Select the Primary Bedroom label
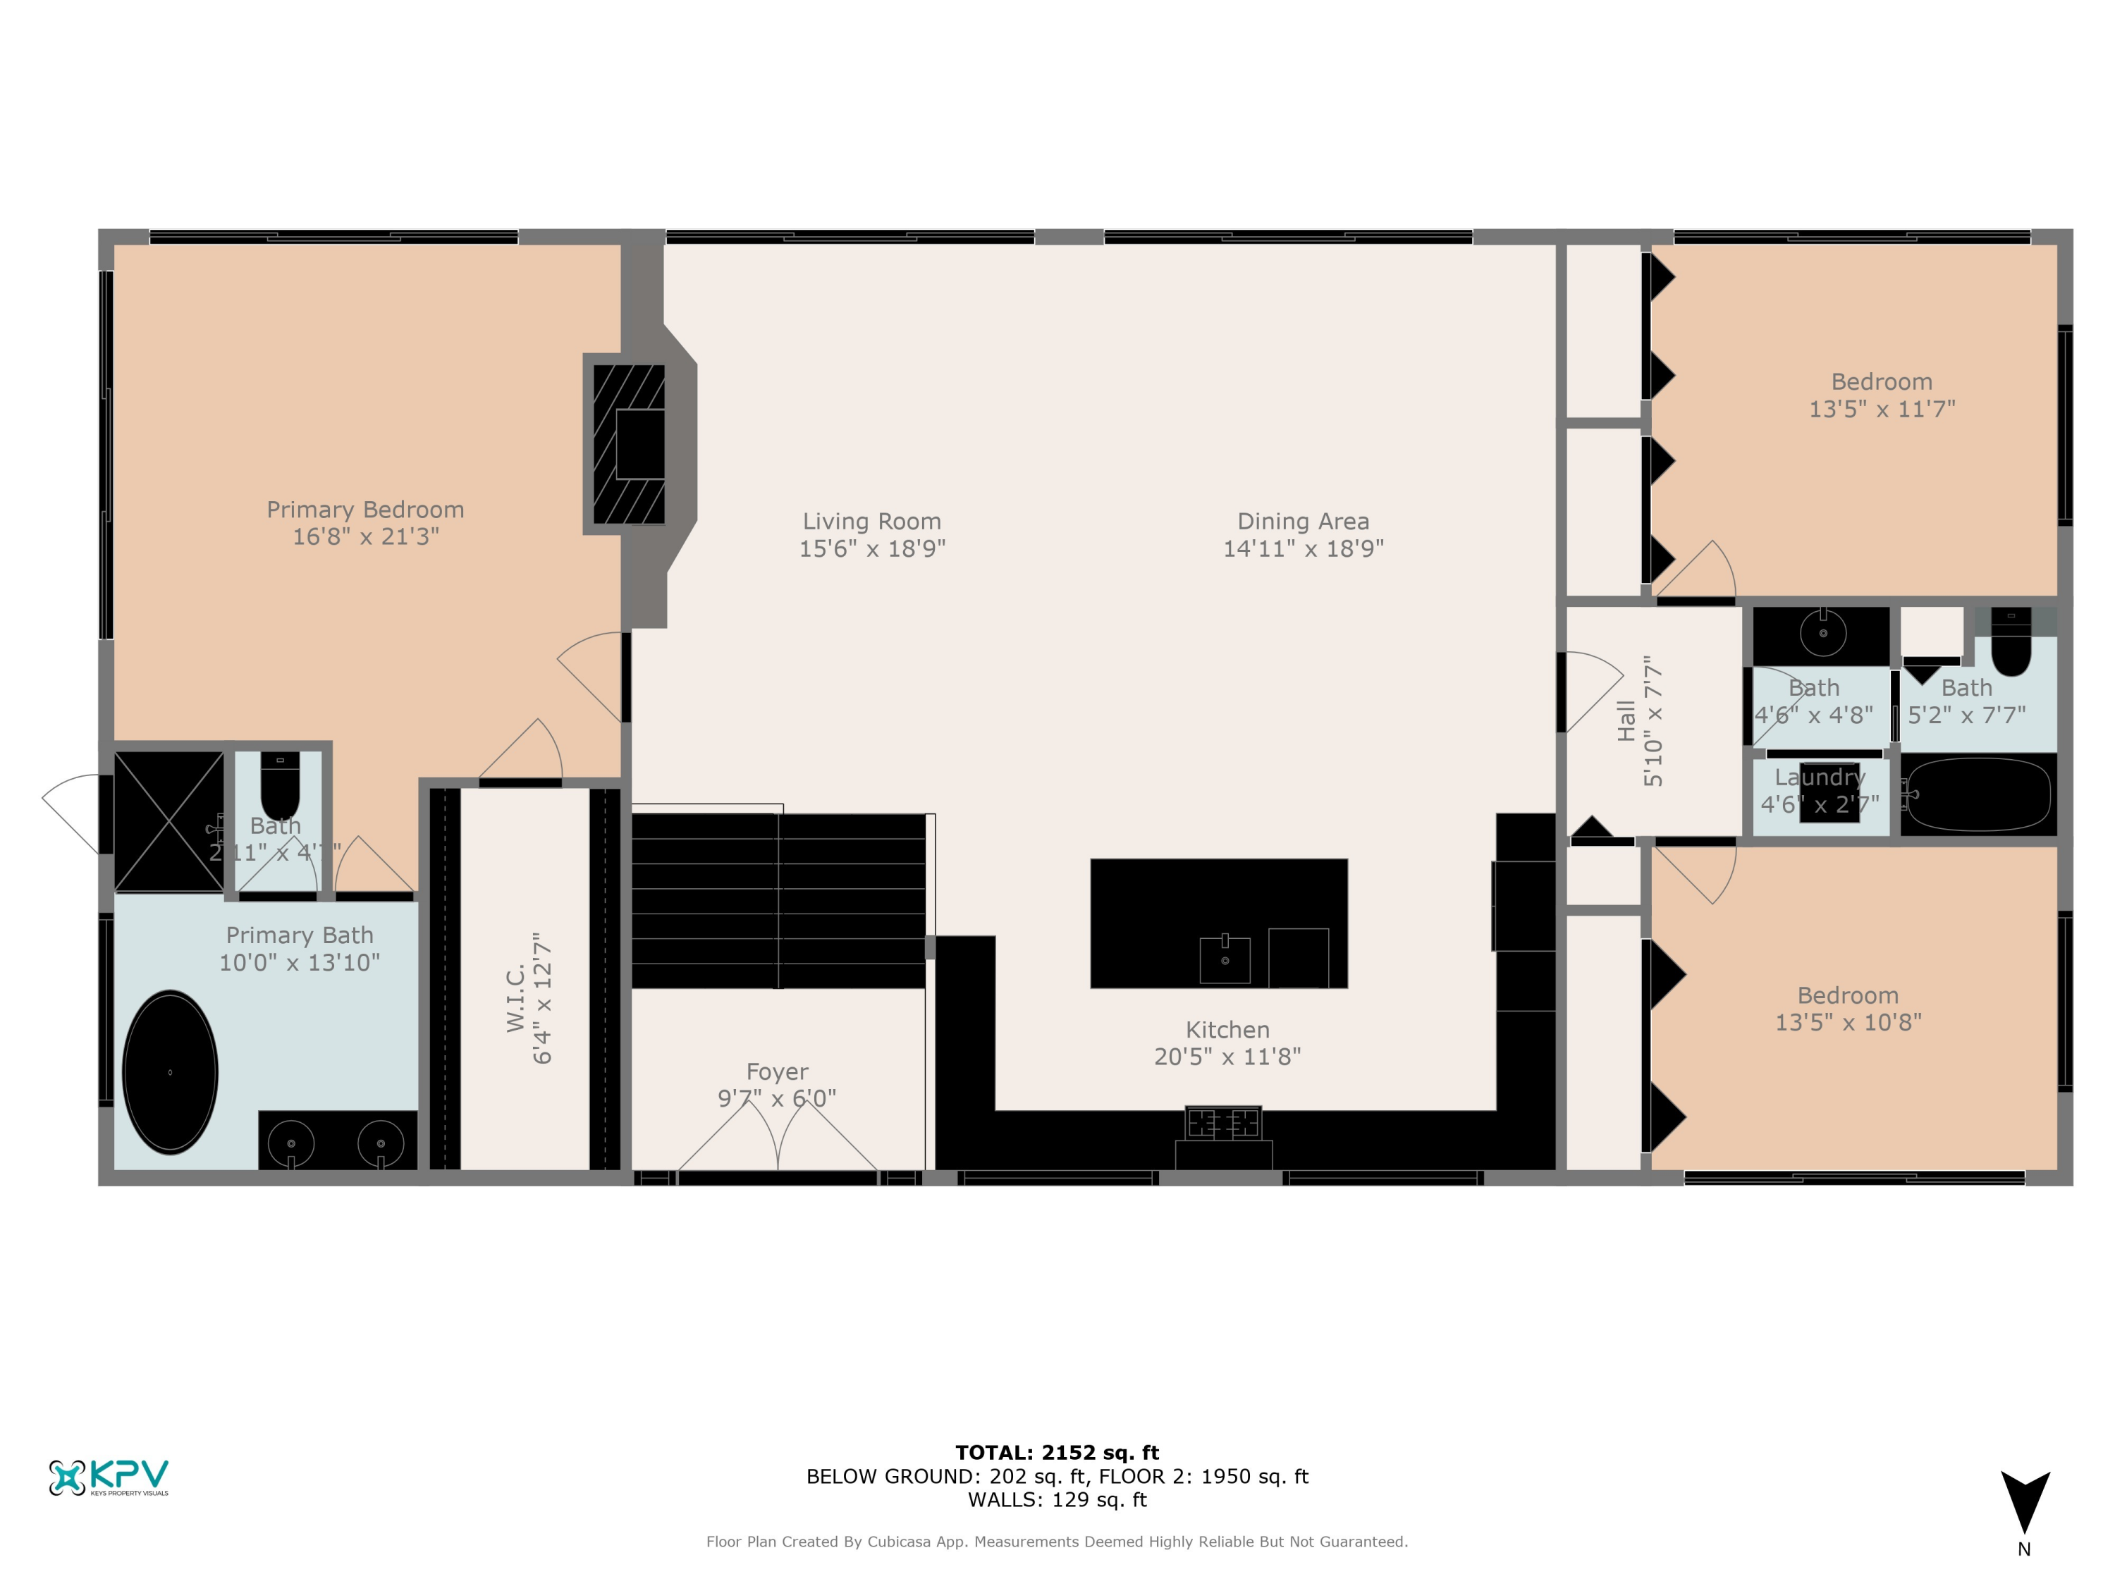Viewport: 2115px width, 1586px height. pyautogui.click(x=365, y=510)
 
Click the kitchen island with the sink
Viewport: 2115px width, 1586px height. pyautogui.click(x=1218, y=923)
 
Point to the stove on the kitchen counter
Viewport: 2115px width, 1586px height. pyautogui.click(x=1223, y=1124)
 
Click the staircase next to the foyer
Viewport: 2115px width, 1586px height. pyautogui.click(x=778, y=901)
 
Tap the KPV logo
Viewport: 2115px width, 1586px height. pyautogui.click(x=108, y=1477)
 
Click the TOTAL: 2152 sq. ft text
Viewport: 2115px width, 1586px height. pyautogui.click(x=1057, y=1453)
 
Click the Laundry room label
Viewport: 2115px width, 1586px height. pyautogui.click(x=1819, y=778)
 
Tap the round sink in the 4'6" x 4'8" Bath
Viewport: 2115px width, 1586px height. pyautogui.click(x=1822, y=633)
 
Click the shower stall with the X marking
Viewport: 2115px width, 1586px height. pyautogui.click(x=169, y=821)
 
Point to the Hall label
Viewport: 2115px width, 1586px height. pyautogui.click(x=1626, y=721)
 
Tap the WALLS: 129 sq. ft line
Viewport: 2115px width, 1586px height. pyautogui.click(x=1057, y=1500)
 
